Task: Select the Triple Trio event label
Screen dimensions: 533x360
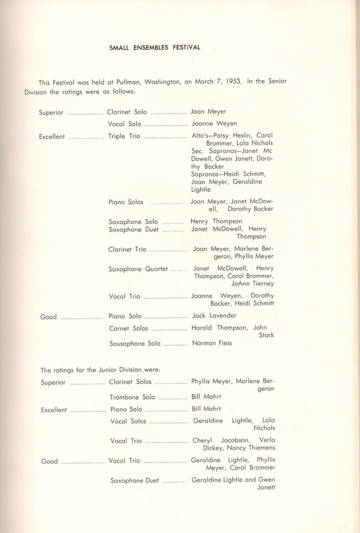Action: click(x=125, y=136)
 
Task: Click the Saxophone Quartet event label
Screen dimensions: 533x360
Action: click(x=138, y=269)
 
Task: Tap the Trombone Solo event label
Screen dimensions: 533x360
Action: click(x=132, y=397)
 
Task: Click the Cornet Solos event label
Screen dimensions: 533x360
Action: click(x=128, y=328)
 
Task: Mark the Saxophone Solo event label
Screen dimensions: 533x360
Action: click(x=133, y=221)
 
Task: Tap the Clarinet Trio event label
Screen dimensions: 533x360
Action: click(x=127, y=249)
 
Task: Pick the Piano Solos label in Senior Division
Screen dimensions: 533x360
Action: click(x=126, y=202)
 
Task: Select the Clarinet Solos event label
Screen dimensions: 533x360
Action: click(x=130, y=382)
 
